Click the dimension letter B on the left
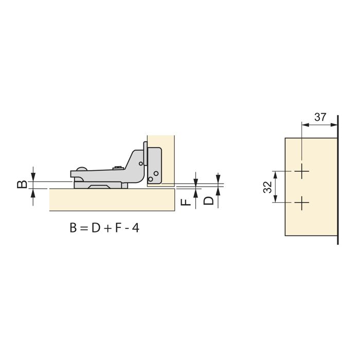coord(22,185)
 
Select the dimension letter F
coord(186,202)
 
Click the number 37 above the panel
coord(320,117)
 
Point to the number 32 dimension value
coord(268,187)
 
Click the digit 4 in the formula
coord(136,228)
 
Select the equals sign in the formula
coord(84,228)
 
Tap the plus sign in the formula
coord(107,229)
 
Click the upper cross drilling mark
coord(302,171)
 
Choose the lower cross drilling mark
coord(302,203)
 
